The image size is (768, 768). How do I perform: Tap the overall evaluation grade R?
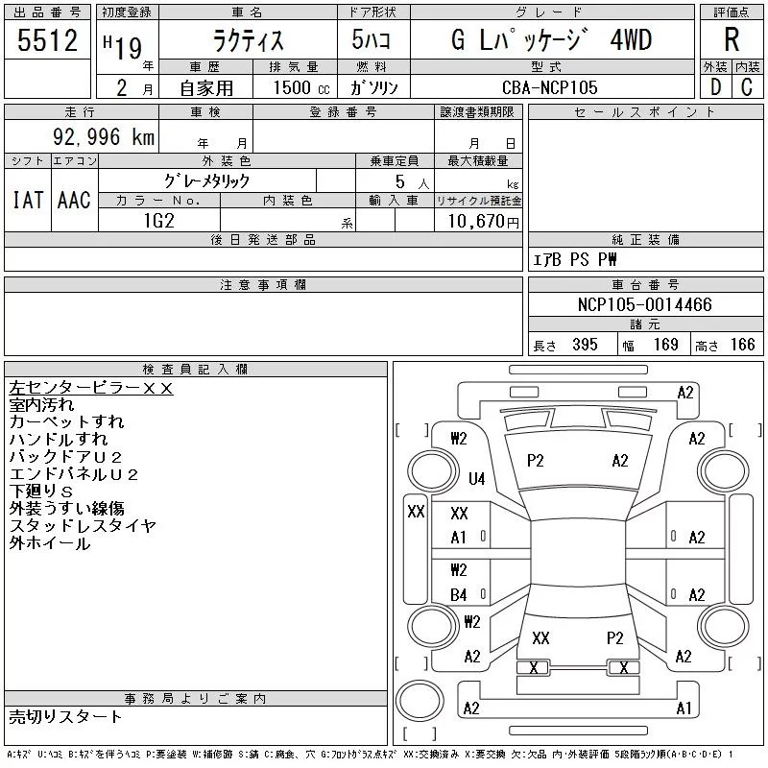pyautogui.click(x=732, y=40)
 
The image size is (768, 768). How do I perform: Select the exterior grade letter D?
pyautogui.click(x=714, y=86)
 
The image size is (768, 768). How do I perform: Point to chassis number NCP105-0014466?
pyautogui.click(x=645, y=304)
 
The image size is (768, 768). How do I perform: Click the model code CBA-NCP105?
pyautogui.click(x=549, y=86)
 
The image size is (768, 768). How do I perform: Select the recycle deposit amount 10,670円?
pyautogui.click(x=478, y=221)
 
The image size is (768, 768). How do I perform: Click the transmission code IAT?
pyautogui.click(x=27, y=200)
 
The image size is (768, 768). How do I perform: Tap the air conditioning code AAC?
pyautogui.click(x=74, y=200)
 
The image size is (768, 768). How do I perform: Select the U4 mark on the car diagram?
pyautogui.click(x=476, y=478)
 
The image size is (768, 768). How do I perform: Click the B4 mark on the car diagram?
pyautogui.click(x=459, y=595)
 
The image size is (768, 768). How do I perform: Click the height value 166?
pyautogui.click(x=741, y=345)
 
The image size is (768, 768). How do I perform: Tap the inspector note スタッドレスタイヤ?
pyautogui.click(x=83, y=526)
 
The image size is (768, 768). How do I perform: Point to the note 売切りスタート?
pyautogui.click(x=66, y=716)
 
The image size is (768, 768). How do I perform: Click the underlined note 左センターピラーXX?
pyautogui.click(x=90, y=388)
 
